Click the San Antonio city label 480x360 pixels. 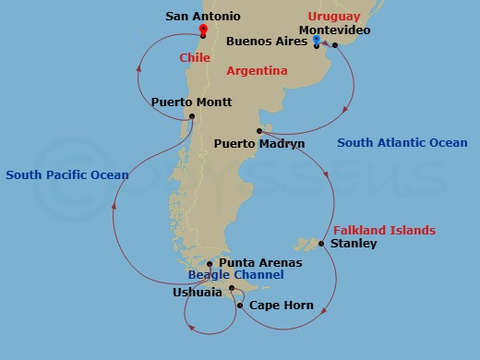[x=203, y=16]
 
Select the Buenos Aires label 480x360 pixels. [x=267, y=42]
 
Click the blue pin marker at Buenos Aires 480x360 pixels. [x=317, y=40]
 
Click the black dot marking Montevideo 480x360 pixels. [x=335, y=44]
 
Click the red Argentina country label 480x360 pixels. [x=259, y=70]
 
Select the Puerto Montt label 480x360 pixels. [x=191, y=102]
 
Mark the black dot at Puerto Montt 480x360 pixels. [x=191, y=116]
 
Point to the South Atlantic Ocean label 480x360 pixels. [x=402, y=143]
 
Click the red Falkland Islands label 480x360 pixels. [x=383, y=230]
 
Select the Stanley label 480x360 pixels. [x=354, y=244]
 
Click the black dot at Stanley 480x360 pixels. [x=320, y=244]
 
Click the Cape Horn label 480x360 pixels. [x=282, y=306]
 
